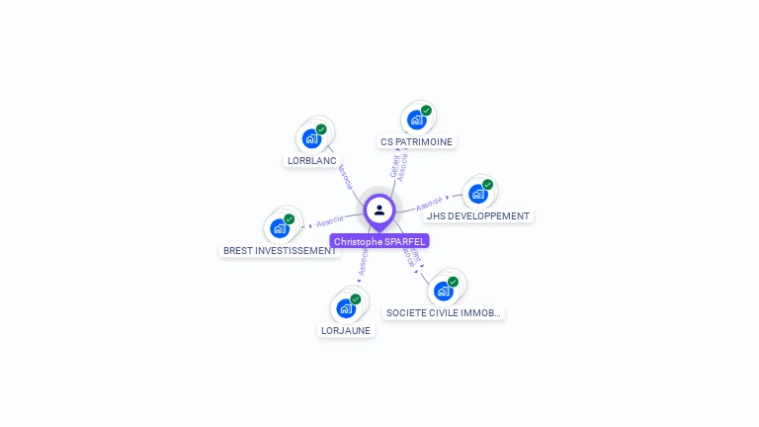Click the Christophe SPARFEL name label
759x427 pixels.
coord(379,241)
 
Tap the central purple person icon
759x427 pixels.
coord(379,210)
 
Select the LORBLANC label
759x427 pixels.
coord(311,160)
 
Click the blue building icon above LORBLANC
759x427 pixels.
coord(311,137)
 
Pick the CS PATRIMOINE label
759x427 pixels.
coord(416,141)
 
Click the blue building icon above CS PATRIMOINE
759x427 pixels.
coord(416,119)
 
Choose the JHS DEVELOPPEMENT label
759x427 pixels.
coord(478,215)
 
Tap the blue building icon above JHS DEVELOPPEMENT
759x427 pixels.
coord(478,193)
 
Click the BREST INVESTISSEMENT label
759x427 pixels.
coord(280,250)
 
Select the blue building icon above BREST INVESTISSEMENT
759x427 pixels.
coord(280,227)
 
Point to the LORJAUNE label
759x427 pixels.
coord(346,330)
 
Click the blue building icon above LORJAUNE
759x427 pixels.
coord(346,307)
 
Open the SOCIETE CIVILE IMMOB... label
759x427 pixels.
coord(444,312)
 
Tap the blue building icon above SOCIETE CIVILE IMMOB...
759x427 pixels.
coord(444,290)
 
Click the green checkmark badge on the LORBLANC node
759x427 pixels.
coord(321,129)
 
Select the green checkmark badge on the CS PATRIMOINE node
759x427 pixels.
coord(426,111)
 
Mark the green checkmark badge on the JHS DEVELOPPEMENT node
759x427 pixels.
coord(487,185)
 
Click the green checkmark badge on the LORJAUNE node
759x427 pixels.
coord(355,299)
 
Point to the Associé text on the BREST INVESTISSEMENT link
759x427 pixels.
coord(330,220)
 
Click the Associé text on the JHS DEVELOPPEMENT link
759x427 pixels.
coord(430,205)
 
